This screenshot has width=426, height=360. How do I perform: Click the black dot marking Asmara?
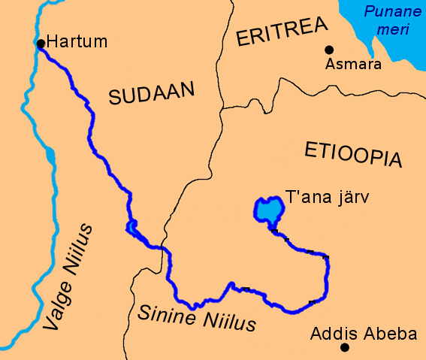click(328, 50)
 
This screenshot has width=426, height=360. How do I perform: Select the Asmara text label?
click(353, 64)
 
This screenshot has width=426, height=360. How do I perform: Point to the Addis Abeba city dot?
click(344, 347)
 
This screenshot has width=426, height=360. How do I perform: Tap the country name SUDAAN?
click(151, 94)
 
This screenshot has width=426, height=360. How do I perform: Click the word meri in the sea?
click(389, 30)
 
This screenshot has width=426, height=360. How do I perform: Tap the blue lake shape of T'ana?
click(265, 210)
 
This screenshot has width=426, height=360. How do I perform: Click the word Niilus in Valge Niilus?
click(79, 251)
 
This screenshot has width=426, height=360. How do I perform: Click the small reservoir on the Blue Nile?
click(132, 226)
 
